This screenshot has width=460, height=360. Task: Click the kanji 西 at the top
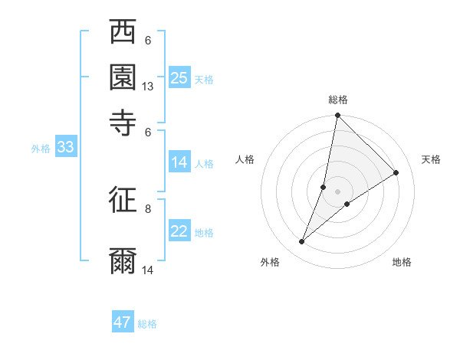pyautogui.click(x=123, y=33)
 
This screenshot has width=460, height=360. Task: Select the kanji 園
pyautogui.click(x=123, y=77)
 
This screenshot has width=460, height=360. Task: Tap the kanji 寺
pyautogui.click(x=123, y=122)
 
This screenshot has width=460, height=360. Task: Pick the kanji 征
pyautogui.click(x=123, y=201)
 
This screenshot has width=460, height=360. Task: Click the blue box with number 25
pyautogui.click(x=179, y=78)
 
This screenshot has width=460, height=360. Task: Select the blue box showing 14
pyautogui.click(x=179, y=162)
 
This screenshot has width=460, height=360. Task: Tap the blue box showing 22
pyautogui.click(x=179, y=232)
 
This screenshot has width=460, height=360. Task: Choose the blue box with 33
pyautogui.click(x=65, y=148)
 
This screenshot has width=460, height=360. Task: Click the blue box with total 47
pyautogui.click(x=123, y=322)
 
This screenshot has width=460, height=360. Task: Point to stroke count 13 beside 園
pyautogui.click(x=148, y=87)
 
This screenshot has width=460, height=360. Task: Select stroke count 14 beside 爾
pyautogui.click(x=148, y=270)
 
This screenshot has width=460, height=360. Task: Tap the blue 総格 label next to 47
pyautogui.click(x=147, y=324)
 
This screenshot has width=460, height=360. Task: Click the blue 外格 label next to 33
pyautogui.click(x=41, y=149)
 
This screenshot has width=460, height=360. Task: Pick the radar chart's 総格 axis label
pyautogui.click(x=338, y=100)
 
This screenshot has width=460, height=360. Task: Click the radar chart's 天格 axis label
pyautogui.click(x=431, y=159)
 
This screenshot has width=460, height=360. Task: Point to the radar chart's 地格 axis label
pyautogui.click(x=402, y=262)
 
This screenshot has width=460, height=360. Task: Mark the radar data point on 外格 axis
pyautogui.click(x=302, y=242)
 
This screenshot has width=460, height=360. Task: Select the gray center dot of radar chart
pyautogui.click(x=338, y=191)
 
